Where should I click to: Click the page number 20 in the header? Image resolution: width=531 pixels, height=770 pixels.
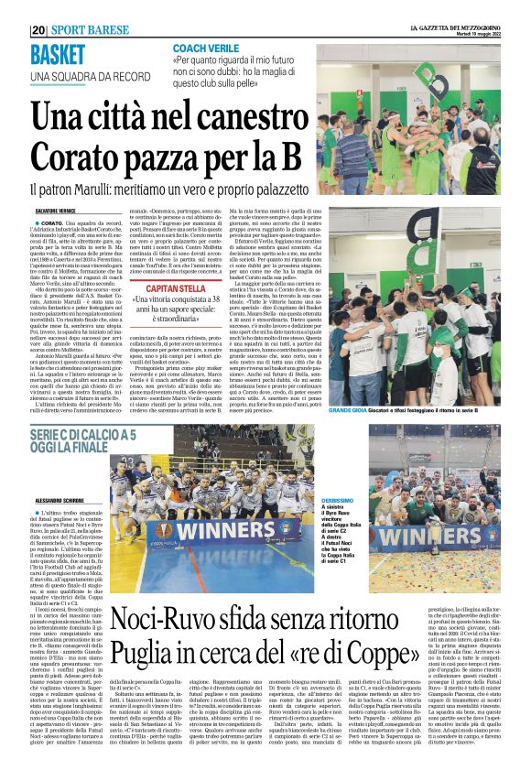pyautogui.click(x=38, y=29)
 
